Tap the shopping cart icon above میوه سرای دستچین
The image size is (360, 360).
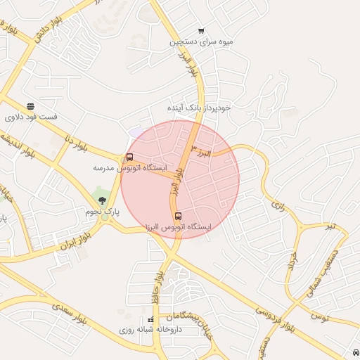pyautogui.click(x=202, y=30)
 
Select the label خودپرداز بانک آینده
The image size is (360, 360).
pyautogui.click(x=199, y=108)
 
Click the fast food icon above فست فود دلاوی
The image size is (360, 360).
pyautogui.click(x=30, y=105)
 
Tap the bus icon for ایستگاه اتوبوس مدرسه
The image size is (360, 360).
pyautogui.click(x=129, y=157)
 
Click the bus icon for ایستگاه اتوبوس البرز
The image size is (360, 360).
pyautogui.click(x=177, y=216)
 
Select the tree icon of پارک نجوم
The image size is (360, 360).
pyautogui.click(x=103, y=201)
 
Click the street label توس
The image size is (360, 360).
pyautogui.click(x=319, y=318)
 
